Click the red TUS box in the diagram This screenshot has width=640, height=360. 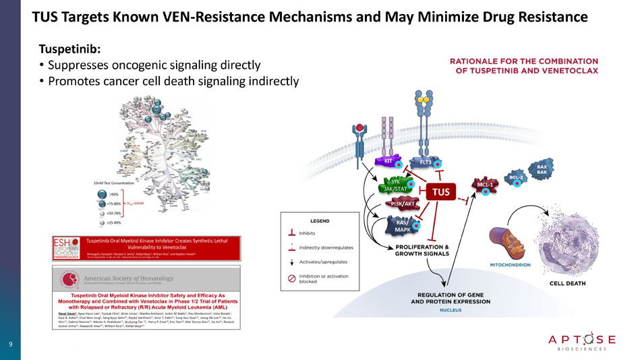click(440, 192)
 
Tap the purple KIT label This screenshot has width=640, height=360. click(388, 161)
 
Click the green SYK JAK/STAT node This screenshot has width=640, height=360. click(395, 185)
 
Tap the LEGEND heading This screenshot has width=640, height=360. click(319, 220)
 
